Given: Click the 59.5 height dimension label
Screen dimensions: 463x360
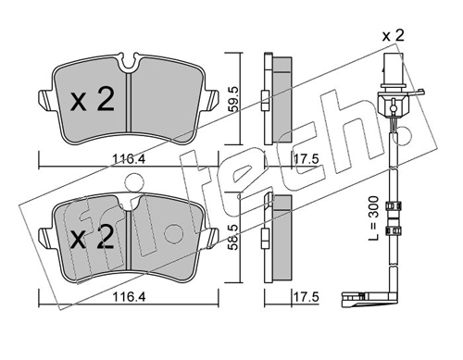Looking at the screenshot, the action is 234,99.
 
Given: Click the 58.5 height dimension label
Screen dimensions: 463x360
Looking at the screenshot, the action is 234,237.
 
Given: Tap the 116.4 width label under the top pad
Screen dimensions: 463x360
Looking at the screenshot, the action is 129,159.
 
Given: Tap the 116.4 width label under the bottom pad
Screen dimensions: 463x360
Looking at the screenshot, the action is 129,297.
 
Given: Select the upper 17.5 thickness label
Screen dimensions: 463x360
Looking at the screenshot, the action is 306,159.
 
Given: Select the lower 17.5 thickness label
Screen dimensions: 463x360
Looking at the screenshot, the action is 306,297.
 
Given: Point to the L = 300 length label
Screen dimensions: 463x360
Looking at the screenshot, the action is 373,218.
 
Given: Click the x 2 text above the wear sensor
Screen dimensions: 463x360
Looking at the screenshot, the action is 393,36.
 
